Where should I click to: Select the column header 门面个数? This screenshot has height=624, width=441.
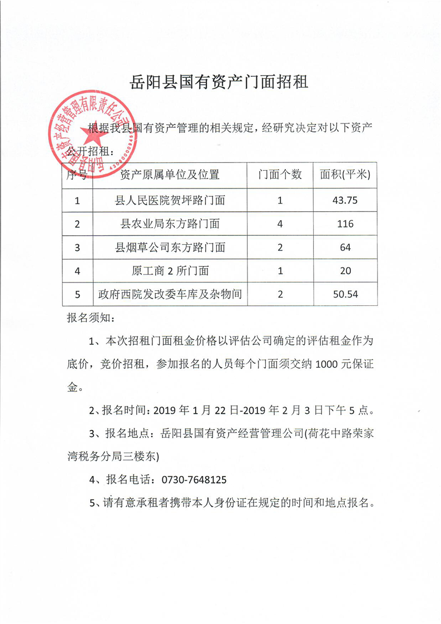click(x=280, y=175)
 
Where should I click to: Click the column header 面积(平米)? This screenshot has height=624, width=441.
click(x=345, y=175)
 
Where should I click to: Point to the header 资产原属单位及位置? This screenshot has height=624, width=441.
click(x=170, y=175)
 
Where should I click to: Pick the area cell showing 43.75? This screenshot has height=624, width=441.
click(x=345, y=200)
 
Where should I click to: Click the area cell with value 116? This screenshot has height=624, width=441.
click(x=345, y=224)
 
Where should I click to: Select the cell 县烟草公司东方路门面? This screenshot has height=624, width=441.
click(x=170, y=247)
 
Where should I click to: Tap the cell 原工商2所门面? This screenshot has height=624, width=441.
click(x=170, y=271)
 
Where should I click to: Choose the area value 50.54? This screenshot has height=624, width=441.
click(x=345, y=294)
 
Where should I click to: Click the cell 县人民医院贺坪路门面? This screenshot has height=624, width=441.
click(x=170, y=200)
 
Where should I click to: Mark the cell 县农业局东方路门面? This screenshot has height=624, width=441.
click(x=170, y=224)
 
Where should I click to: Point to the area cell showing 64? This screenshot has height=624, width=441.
click(x=345, y=247)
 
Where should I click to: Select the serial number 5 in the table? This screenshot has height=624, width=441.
click(x=77, y=294)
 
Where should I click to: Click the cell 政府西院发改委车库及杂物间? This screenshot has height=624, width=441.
click(x=170, y=294)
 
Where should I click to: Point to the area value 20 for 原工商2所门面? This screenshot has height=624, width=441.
click(x=345, y=271)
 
